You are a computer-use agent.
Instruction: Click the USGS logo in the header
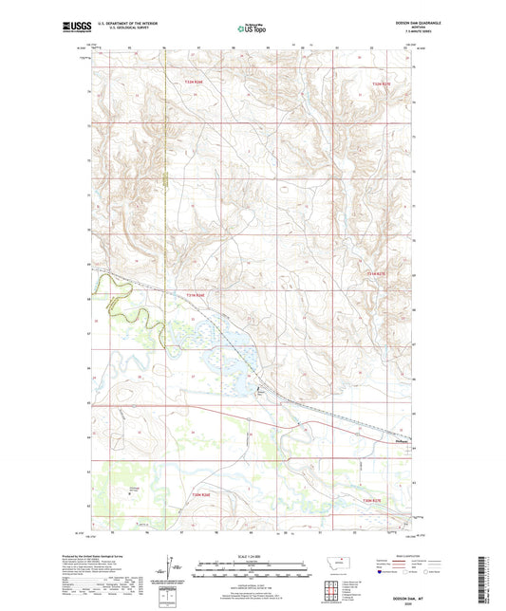pyautogui.click(x=72, y=28)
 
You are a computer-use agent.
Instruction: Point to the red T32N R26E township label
pyautogui.click(x=194, y=83)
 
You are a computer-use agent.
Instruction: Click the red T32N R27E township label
pyautogui.click(x=380, y=83)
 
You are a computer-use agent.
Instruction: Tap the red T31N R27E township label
pyautogui.click(x=375, y=274)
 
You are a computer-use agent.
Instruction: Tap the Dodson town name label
pyautogui.click(x=400, y=439)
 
